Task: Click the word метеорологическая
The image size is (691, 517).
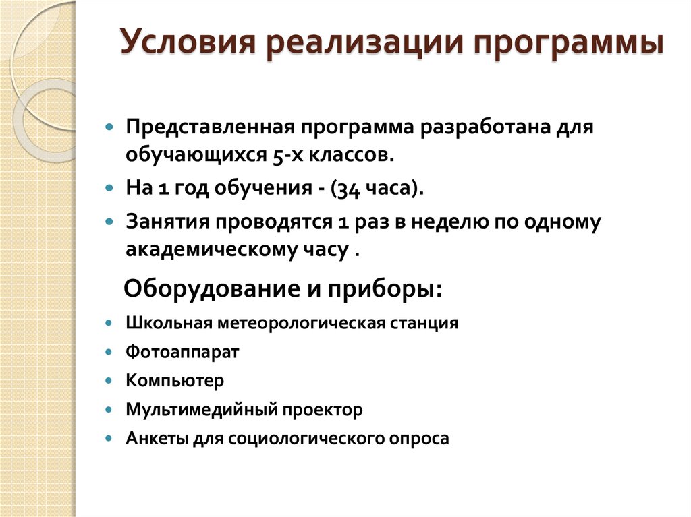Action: tap(303, 323)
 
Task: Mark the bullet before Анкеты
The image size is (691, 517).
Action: tap(110, 438)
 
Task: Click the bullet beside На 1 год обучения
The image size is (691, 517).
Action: tap(110, 189)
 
